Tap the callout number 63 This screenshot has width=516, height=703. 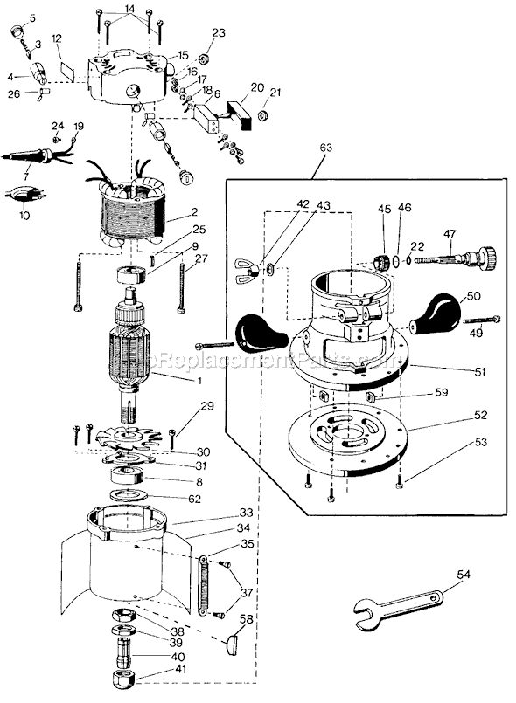point(324,149)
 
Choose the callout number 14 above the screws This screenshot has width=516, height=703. point(129,9)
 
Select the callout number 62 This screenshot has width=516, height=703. point(194,499)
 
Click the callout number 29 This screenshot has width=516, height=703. point(206,407)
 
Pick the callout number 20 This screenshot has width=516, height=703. point(256,87)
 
